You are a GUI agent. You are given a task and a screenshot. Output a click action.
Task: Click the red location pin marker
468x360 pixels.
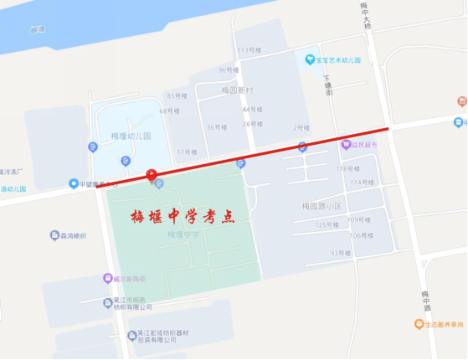click(x=152, y=175)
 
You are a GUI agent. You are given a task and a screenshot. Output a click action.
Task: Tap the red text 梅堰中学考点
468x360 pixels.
click(x=183, y=216)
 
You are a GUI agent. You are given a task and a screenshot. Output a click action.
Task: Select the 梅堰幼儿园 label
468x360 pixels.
click(x=131, y=136)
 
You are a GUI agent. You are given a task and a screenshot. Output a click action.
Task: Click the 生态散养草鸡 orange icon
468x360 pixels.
click(x=419, y=324)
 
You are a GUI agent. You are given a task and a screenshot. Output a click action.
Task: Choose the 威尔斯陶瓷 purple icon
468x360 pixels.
click(x=107, y=279)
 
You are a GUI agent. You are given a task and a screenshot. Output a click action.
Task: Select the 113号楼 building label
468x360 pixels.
click(x=249, y=51)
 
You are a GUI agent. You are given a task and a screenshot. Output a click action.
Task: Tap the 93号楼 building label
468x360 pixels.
click(x=340, y=253)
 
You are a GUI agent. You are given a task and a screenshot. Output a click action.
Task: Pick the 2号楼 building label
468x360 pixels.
click(x=301, y=127)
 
